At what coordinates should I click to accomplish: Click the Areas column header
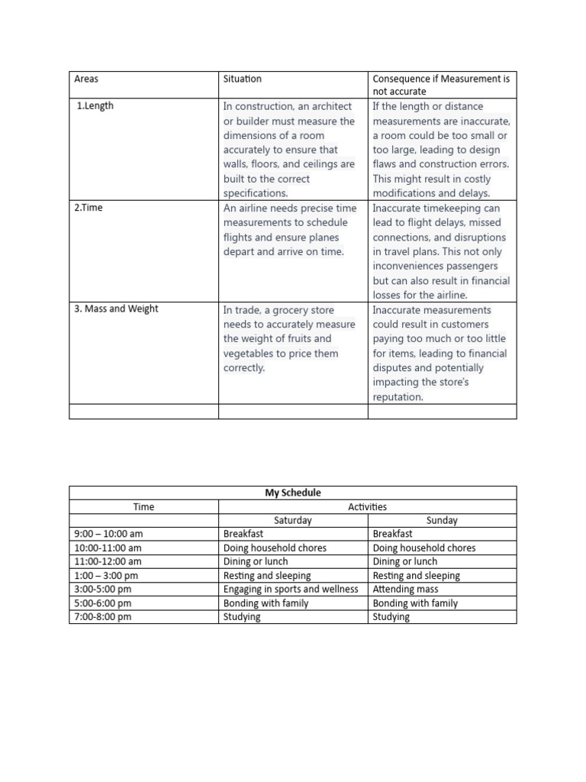click(86, 79)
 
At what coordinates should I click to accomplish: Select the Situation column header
click(242, 79)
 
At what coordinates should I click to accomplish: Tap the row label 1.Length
click(95, 106)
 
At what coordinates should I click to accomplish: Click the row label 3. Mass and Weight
click(116, 309)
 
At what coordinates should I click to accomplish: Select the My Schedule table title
click(293, 493)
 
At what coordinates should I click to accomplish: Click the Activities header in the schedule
click(367, 506)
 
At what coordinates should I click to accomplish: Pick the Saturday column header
click(293, 520)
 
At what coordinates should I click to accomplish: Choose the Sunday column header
click(442, 520)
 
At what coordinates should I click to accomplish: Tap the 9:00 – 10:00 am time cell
click(108, 534)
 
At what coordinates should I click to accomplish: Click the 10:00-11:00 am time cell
click(108, 548)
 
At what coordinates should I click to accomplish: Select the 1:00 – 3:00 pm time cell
click(106, 576)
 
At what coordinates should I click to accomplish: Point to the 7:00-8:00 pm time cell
click(103, 617)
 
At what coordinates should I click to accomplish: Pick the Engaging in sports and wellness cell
click(291, 590)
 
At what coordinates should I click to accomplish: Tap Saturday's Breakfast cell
click(243, 534)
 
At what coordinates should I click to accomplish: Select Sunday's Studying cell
click(391, 617)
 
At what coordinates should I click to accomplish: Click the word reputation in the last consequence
click(398, 397)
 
